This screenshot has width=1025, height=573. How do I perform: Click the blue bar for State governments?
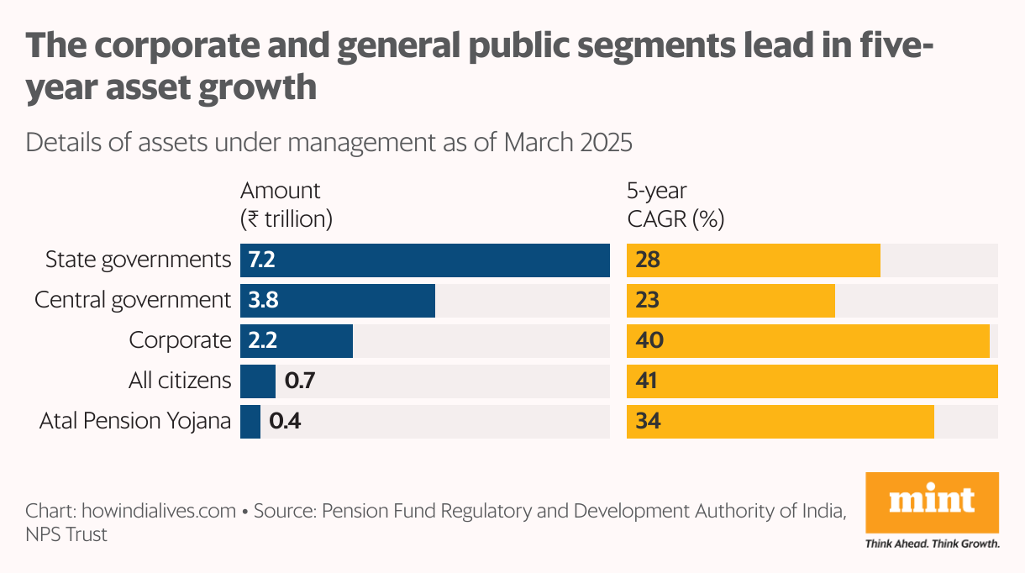pyautogui.click(x=424, y=260)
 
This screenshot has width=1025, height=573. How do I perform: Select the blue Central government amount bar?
pyautogui.click(x=338, y=301)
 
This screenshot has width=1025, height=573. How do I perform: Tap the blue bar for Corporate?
pyautogui.click(x=297, y=340)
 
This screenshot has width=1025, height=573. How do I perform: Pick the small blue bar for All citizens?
pyautogui.click(x=257, y=381)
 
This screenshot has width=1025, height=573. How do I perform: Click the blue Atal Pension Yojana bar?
pyautogui.click(x=250, y=421)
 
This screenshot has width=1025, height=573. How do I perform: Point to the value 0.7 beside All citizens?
pyautogui.click(x=300, y=381)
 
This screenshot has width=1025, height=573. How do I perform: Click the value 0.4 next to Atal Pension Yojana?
pyautogui.click(x=285, y=421)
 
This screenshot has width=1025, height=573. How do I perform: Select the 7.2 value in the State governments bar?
pyautogui.click(x=261, y=260)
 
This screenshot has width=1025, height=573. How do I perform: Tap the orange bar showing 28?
pyautogui.click(x=753, y=260)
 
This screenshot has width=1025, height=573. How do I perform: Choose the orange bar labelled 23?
pyautogui.click(x=731, y=301)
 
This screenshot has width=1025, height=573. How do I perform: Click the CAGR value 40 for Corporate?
pyautogui.click(x=649, y=340)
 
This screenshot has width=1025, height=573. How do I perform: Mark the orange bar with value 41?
pyautogui.click(x=812, y=381)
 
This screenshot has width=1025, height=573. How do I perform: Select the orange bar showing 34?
pyautogui.click(x=780, y=421)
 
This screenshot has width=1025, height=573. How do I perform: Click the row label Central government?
pyautogui.click(x=132, y=300)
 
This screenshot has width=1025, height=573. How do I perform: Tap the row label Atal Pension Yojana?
pyautogui.click(x=134, y=421)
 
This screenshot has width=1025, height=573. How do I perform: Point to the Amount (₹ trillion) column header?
pyautogui.click(x=286, y=205)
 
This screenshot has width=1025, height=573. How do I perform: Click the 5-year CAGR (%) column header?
pyautogui.click(x=675, y=205)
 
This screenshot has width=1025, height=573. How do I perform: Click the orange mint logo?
pyautogui.click(x=932, y=502)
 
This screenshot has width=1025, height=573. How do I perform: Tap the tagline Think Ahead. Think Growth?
pyautogui.click(x=932, y=544)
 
